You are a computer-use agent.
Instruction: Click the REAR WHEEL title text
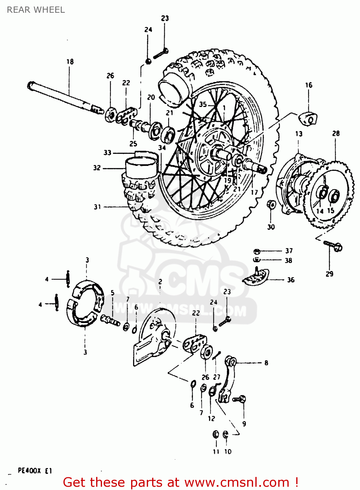click(x=36, y=10)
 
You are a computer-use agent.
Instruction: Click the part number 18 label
click(x=70, y=61)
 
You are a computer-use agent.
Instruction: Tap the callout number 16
click(x=309, y=85)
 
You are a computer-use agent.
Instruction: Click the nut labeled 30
click(x=271, y=205)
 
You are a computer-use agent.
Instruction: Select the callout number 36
click(x=291, y=280)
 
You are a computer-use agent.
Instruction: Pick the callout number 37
click(x=289, y=251)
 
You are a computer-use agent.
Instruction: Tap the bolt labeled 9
click(x=240, y=399)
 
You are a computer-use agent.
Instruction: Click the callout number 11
click(x=216, y=451)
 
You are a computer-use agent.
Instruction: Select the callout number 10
click(x=228, y=451)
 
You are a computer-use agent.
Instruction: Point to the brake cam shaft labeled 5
click(x=111, y=320)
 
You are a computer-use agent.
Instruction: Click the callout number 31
click(x=97, y=207)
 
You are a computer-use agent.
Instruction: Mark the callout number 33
click(x=108, y=153)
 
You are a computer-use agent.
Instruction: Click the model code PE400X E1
click(x=35, y=471)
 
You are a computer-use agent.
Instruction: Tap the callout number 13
click(x=299, y=134)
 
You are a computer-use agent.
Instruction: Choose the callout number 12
click(x=212, y=418)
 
